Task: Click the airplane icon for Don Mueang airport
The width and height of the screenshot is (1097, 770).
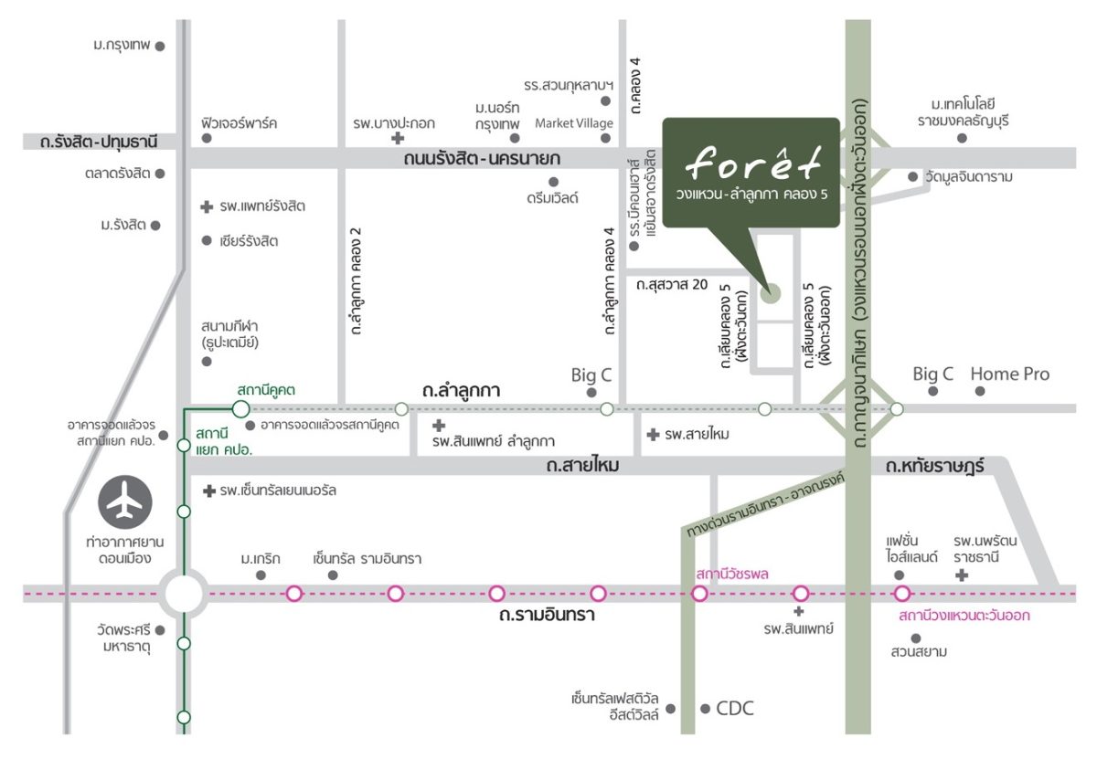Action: pyautogui.click(x=125, y=502)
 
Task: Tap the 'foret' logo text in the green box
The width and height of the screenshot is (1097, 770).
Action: pyautogui.click(x=753, y=163)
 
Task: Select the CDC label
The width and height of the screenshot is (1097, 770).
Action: pyautogui.click(x=735, y=709)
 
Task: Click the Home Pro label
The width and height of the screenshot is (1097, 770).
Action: pyautogui.click(x=1010, y=374)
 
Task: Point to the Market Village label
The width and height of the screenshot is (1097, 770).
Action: pyautogui.click(x=573, y=123)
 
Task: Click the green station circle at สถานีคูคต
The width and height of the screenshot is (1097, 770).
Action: pyautogui.click(x=240, y=409)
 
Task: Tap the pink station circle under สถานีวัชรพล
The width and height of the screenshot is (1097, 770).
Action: pyautogui.click(x=699, y=594)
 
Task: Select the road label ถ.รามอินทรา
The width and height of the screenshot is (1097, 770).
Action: pyautogui.click(x=547, y=615)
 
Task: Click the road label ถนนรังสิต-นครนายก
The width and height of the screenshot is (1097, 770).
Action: pyautogui.click(x=482, y=159)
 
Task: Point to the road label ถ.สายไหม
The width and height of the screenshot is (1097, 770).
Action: pyautogui.click(x=583, y=465)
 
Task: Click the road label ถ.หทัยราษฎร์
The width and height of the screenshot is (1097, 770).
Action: pyautogui.click(x=935, y=466)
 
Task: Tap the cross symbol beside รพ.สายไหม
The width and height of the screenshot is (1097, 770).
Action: pyautogui.click(x=653, y=435)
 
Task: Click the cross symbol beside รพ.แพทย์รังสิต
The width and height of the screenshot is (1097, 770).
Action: pyautogui.click(x=207, y=207)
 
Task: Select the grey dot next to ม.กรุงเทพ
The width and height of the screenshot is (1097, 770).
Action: pyautogui.click(x=160, y=47)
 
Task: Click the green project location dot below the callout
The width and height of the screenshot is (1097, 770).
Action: pyautogui.click(x=771, y=293)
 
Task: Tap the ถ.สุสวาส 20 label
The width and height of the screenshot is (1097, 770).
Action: pyautogui.click(x=672, y=284)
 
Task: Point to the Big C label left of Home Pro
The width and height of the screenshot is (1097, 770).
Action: pyautogui.click(x=933, y=374)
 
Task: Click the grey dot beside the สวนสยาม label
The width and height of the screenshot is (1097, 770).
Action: pyautogui.click(x=916, y=638)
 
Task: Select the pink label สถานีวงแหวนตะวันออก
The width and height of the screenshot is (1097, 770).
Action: pyautogui.click(x=964, y=616)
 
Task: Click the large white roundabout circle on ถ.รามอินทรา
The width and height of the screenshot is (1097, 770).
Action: pyautogui.click(x=184, y=594)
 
